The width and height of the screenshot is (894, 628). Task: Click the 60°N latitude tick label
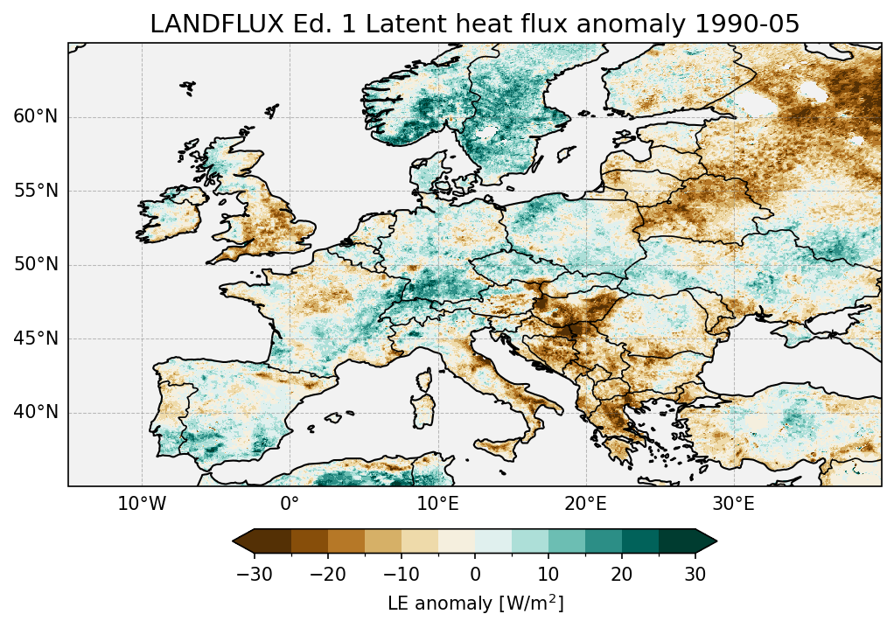(x=35, y=117)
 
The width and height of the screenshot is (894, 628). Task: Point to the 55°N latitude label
(x=35, y=191)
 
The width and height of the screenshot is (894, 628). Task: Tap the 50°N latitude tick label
(x=35, y=265)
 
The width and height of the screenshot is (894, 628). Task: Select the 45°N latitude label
(x=35, y=338)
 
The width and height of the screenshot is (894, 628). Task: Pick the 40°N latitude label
(x=35, y=412)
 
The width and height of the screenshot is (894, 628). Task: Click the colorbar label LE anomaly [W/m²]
(x=475, y=604)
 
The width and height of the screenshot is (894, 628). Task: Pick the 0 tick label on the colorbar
(x=475, y=574)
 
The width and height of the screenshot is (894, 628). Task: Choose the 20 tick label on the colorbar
(x=622, y=574)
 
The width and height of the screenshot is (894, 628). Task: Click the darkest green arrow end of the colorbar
(x=706, y=541)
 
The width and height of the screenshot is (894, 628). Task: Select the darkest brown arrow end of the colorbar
(x=242, y=541)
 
